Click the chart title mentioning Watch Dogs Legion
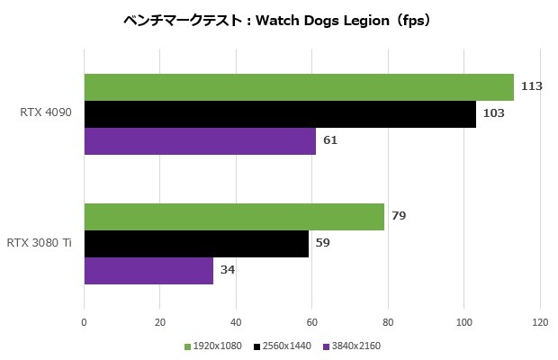(x=278, y=21)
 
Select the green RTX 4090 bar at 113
(x=299, y=87)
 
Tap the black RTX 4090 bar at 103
(x=280, y=114)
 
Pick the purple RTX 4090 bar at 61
(x=200, y=141)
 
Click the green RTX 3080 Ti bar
(x=234, y=217)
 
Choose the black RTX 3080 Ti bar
(x=196, y=243)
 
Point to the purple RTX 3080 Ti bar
(x=148, y=270)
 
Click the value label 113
(x=531, y=87)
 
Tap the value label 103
(x=493, y=114)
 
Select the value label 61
(x=329, y=141)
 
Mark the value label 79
(x=398, y=217)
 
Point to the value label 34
(x=228, y=270)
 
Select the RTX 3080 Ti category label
(x=39, y=243)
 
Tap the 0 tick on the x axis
(x=84, y=321)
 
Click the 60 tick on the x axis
(x=312, y=321)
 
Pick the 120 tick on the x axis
(x=540, y=321)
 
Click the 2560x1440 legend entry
(x=283, y=346)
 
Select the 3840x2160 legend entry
(x=352, y=346)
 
